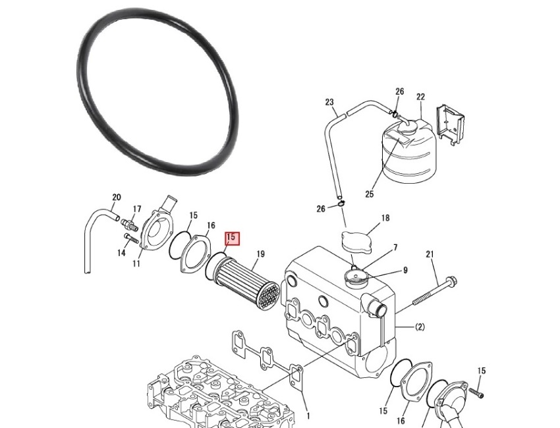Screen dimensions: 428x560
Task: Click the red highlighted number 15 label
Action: (x=232, y=238)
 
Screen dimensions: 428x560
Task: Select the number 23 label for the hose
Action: (x=329, y=102)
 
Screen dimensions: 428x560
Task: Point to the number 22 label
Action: (x=420, y=97)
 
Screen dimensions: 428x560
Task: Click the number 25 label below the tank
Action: (x=369, y=194)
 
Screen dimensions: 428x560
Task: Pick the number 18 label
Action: (x=385, y=218)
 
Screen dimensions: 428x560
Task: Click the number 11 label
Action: (x=136, y=264)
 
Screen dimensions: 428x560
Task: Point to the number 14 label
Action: (x=121, y=252)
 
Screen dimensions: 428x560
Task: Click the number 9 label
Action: (x=405, y=269)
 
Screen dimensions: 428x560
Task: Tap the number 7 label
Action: (x=395, y=248)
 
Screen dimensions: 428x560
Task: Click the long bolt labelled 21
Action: (x=435, y=293)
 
